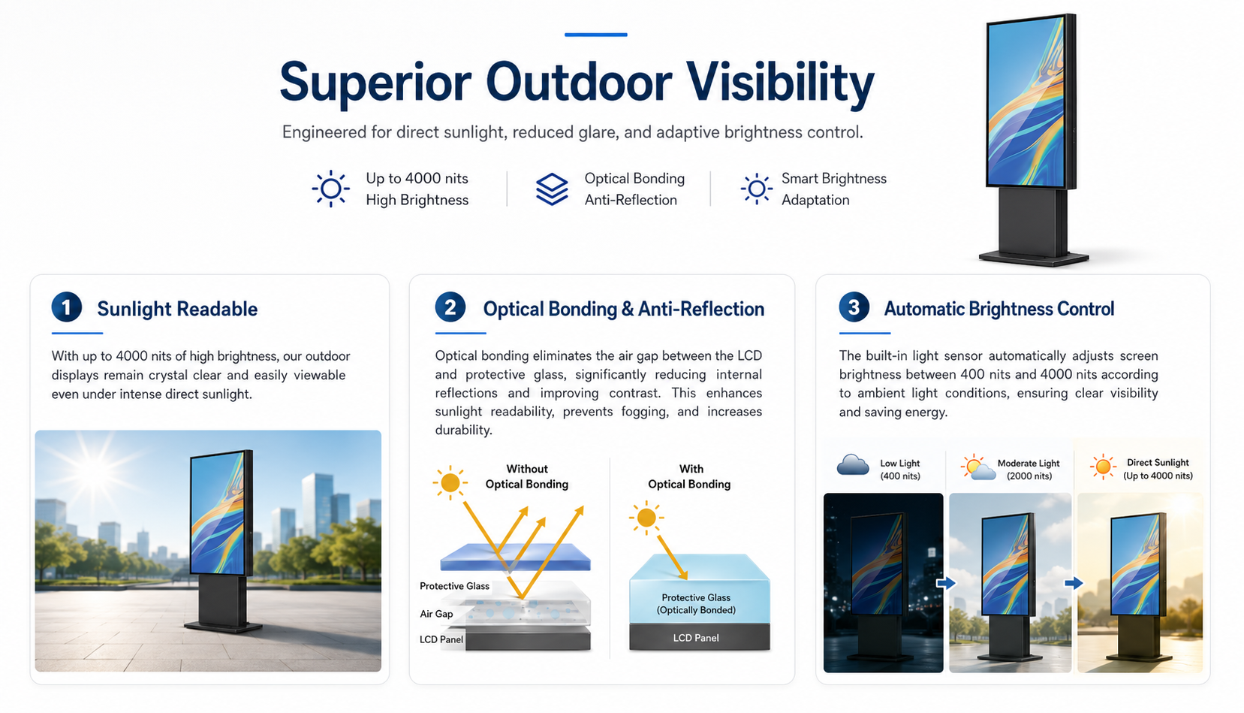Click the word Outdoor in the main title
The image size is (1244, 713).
pyautogui.click(x=579, y=82)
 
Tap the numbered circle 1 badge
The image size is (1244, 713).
pyautogui.click(x=67, y=307)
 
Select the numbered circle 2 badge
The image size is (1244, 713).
pyautogui.click(x=450, y=307)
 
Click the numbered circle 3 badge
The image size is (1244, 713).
pyautogui.click(x=854, y=307)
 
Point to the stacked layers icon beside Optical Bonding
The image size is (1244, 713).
pyautogui.click(x=552, y=189)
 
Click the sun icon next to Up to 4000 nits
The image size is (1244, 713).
pyautogui.click(x=330, y=189)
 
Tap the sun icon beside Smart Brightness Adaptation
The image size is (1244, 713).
pyautogui.click(x=757, y=189)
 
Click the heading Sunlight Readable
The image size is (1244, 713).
pyautogui.click(x=177, y=309)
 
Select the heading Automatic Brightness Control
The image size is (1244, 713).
pyautogui.click(x=999, y=309)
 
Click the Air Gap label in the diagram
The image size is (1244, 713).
pyautogui.click(x=436, y=614)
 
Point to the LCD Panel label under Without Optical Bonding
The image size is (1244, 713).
pyautogui.click(x=441, y=639)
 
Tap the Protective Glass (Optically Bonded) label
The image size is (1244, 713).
pyautogui.click(x=696, y=604)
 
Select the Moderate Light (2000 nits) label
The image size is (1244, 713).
pyautogui.click(x=1029, y=470)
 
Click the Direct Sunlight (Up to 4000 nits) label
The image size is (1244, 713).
pyautogui.click(x=1158, y=469)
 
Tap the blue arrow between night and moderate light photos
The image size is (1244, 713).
pyautogui.click(x=947, y=583)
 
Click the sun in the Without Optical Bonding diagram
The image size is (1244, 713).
pyautogui.click(x=450, y=482)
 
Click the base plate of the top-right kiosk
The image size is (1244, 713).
pyautogui.click(x=1034, y=258)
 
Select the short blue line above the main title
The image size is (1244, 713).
pyautogui.click(x=596, y=35)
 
